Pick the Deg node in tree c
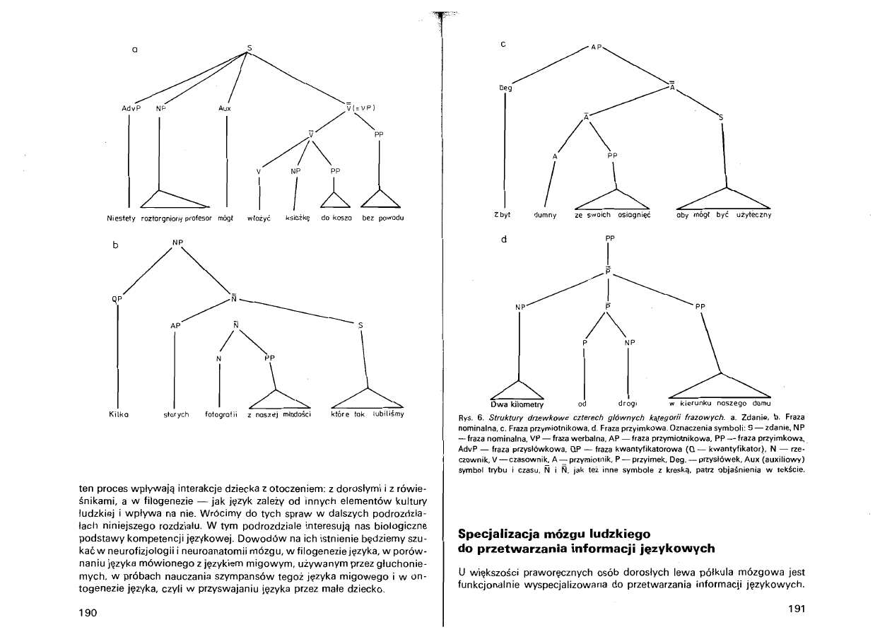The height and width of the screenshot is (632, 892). pos(505,88)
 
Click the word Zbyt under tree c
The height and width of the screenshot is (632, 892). pos(503,214)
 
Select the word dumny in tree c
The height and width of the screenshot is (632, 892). pos(546,214)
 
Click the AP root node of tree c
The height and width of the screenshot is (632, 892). pos(597,47)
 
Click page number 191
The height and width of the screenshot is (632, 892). pos(796,608)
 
